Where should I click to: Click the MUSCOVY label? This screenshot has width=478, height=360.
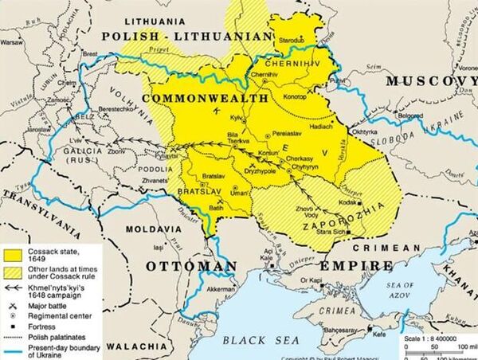tap(429, 82)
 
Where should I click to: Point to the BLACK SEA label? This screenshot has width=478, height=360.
tap(256, 340)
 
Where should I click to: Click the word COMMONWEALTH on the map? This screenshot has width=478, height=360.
tap(205, 97)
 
